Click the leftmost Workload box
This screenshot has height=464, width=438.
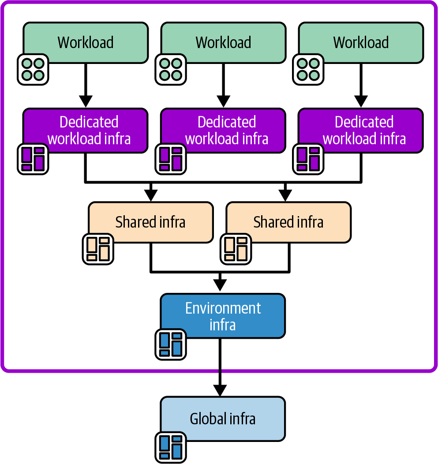click(86, 42)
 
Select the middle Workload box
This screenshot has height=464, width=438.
click(223, 42)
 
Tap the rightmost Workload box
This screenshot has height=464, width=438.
click(361, 42)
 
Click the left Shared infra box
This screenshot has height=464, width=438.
click(150, 222)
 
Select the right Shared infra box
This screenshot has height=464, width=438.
click(288, 222)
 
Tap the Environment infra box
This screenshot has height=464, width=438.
click(223, 316)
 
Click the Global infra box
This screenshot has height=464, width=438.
click(223, 419)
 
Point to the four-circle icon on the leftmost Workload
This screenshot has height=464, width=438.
click(33, 70)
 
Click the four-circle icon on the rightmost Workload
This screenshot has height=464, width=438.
click(308, 70)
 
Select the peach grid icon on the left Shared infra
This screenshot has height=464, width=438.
click(98, 249)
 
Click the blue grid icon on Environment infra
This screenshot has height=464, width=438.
click(171, 344)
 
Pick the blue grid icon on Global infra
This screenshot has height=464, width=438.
click(171, 447)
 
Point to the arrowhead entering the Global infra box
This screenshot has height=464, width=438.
click(220, 391)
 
